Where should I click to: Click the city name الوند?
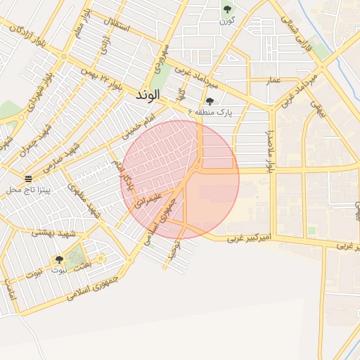tap(148, 94)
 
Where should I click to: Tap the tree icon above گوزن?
tap(226, 9)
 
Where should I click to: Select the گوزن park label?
tap(226, 20)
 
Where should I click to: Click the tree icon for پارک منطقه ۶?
tap(210, 102)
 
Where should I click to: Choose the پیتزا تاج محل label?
tap(27, 191)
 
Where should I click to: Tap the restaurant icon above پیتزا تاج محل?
tap(27, 179)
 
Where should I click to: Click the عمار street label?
tap(274, 81)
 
